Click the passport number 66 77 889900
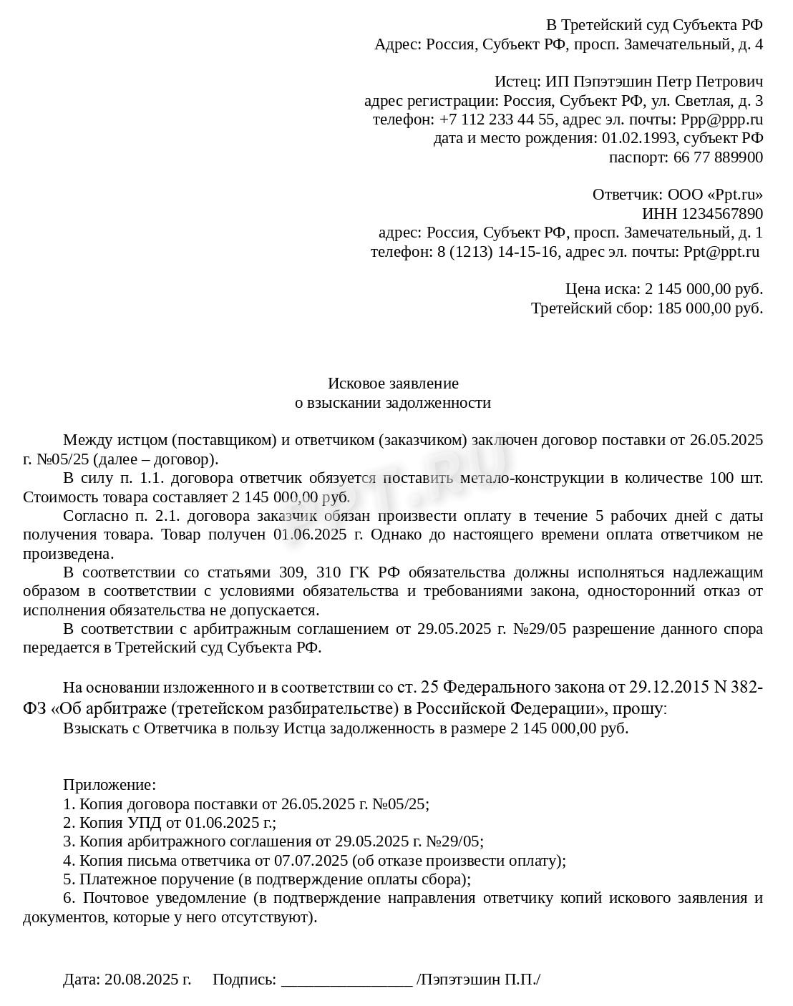point(718,157)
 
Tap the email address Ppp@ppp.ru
point(721,119)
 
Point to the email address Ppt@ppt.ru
point(721,252)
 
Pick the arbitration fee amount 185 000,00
point(697,308)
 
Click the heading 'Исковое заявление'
point(393,384)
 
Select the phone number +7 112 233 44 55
point(497,119)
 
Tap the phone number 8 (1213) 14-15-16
point(500,252)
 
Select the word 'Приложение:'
point(110,785)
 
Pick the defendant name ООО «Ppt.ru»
point(714,195)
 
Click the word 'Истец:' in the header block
point(517,82)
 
